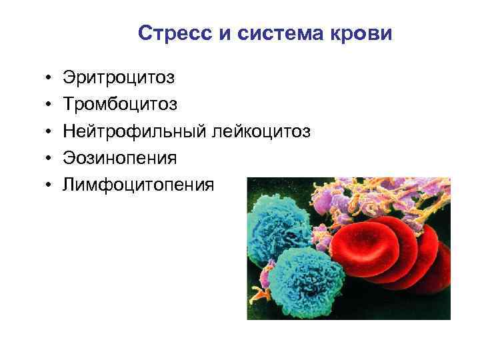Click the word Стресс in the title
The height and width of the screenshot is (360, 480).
click(x=173, y=33)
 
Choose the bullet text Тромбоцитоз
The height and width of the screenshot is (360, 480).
click(x=121, y=105)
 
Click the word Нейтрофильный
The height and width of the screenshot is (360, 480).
click(x=135, y=131)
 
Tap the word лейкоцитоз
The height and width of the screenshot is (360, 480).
click(x=261, y=131)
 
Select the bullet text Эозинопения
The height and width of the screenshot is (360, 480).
click(x=120, y=158)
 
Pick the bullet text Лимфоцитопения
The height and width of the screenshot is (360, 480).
click(x=139, y=185)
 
